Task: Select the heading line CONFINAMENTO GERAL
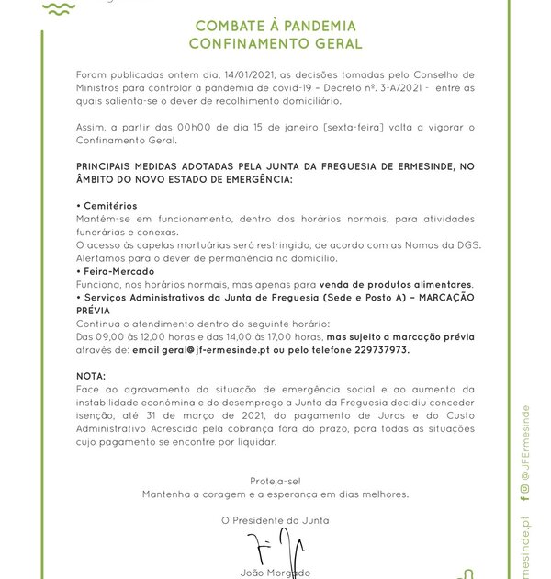(x=275, y=43)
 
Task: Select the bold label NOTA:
(x=92, y=377)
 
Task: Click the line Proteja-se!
(x=275, y=481)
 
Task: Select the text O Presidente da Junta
(x=275, y=520)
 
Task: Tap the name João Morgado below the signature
(x=275, y=573)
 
